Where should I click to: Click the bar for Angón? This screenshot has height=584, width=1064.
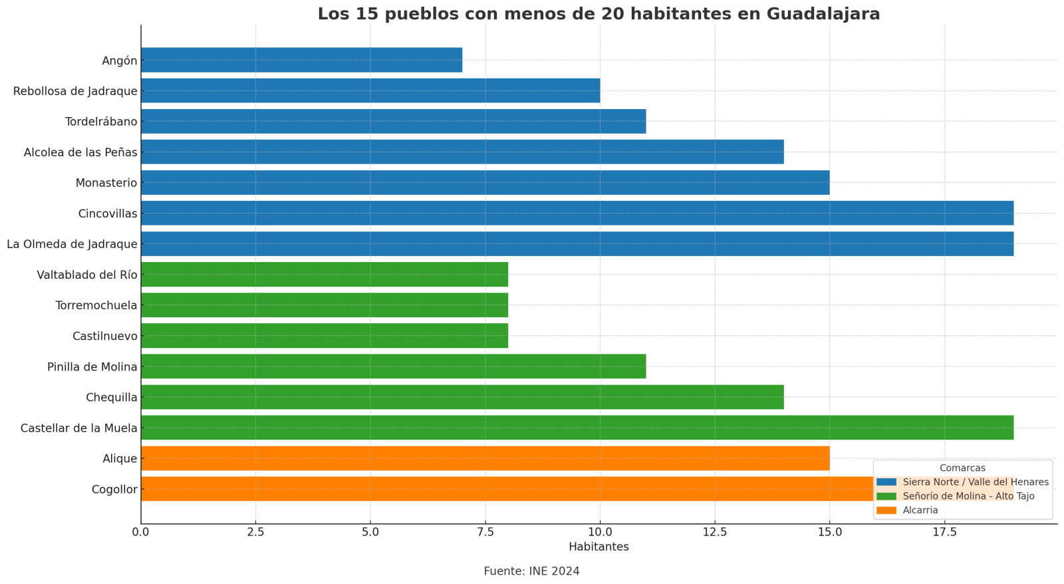[x=301, y=60]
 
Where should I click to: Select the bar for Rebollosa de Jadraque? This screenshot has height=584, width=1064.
[x=370, y=90]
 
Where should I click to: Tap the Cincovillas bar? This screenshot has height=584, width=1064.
[x=577, y=213]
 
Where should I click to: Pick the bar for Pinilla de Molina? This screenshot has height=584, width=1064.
[x=393, y=366]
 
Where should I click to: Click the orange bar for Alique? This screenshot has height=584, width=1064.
[x=485, y=458]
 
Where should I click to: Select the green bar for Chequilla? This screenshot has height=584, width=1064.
[x=462, y=397]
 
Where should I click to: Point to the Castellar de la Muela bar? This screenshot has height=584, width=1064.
[x=577, y=428]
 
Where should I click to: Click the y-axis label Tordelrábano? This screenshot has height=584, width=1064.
[x=101, y=122]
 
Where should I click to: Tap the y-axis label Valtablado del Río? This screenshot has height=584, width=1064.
[x=87, y=275]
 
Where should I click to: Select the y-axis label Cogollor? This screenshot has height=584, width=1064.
[x=114, y=490]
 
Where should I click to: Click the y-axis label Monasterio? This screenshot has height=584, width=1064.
[x=106, y=183]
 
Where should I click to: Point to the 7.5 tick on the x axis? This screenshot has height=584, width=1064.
[x=485, y=532]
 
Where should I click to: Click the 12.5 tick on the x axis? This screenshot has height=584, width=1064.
[x=715, y=532]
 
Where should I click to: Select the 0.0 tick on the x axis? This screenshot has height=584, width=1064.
[x=141, y=532]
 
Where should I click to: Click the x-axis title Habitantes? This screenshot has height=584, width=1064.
[x=598, y=547]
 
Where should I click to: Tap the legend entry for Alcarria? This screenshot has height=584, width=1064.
[x=920, y=510]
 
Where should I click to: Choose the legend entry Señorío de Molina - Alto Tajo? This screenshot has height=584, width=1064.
[x=968, y=496]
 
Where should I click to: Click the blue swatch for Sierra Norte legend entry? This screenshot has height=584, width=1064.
[x=886, y=482]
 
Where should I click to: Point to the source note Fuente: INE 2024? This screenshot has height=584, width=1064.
[x=531, y=571]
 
